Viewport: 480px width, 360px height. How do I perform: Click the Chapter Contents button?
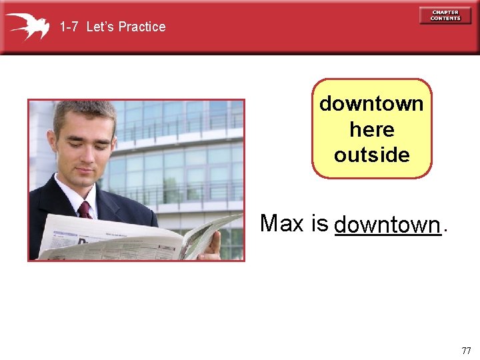(x=445, y=15)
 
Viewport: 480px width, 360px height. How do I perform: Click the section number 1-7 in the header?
(x=69, y=27)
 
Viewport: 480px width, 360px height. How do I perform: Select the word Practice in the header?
(x=141, y=27)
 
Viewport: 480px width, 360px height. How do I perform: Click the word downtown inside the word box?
(x=371, y=104)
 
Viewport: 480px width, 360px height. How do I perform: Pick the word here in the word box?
(x=371, y=129)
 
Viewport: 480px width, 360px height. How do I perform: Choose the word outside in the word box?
(x=371, y=155)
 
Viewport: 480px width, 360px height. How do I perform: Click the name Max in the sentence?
(x=281, y=223)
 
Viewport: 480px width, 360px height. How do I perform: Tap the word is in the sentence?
(x=318, y=223)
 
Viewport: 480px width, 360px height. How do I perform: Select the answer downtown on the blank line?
(x=387, y=225)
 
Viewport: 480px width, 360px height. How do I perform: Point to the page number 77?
(x=465, y=351)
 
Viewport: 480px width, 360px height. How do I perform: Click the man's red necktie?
(x=85, y=210)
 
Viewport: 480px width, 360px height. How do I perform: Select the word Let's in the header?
(x=101, y=27)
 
